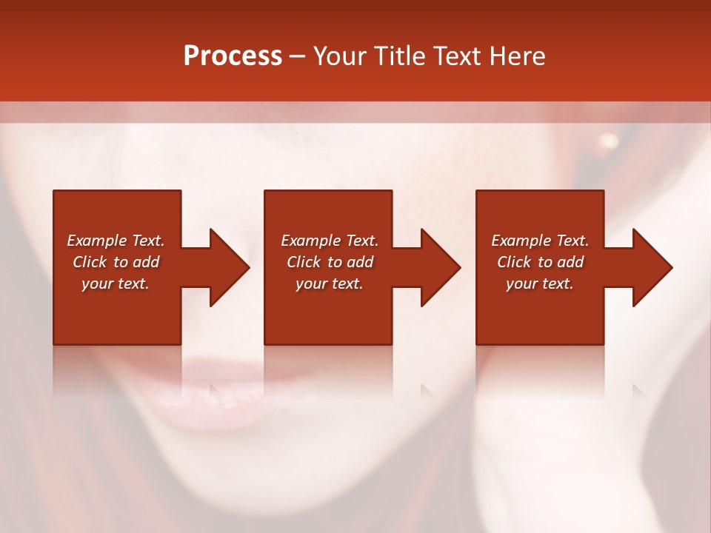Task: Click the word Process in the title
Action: pos(233,56)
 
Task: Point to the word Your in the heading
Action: pos(341,56)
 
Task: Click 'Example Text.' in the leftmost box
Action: pos(116,241)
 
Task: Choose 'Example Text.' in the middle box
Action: pos(330,241)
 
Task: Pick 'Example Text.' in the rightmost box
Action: pos(540,241)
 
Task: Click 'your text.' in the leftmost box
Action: pos(116,284)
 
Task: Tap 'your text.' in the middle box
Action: pos(330,284)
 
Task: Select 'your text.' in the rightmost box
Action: pos(540,284)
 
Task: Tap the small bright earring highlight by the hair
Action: pos(610,141)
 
